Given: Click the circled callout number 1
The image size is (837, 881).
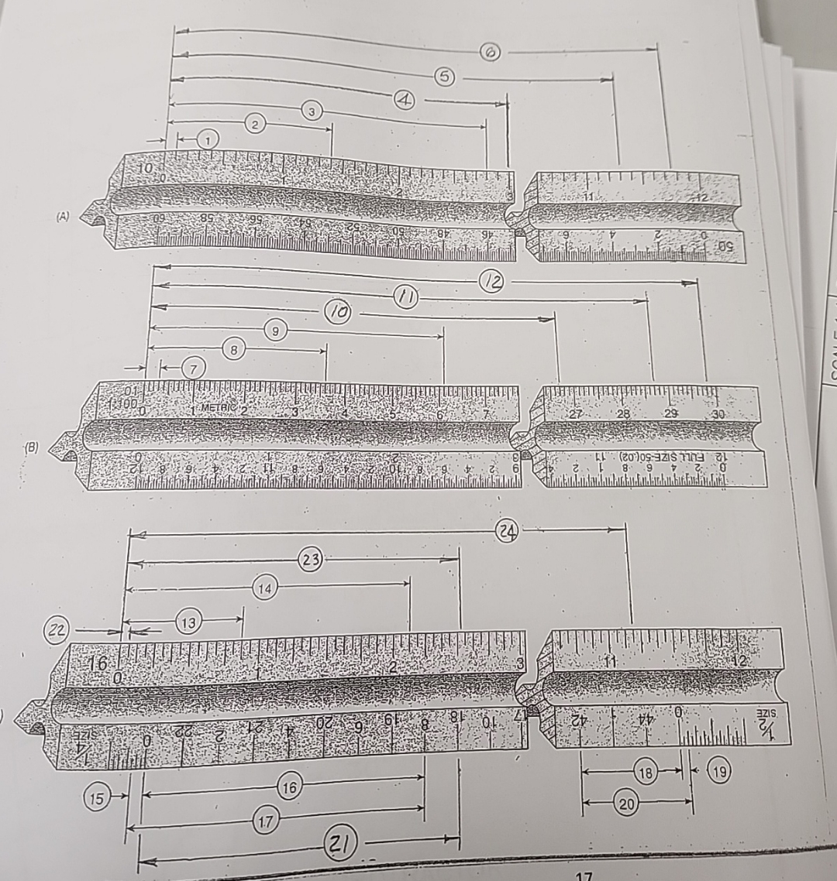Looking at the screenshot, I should click(x=207, y=139).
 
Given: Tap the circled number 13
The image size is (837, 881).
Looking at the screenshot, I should click(x=188, y=622).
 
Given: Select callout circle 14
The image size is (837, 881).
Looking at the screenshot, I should click(x=265, y=589).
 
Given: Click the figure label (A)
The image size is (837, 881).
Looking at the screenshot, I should click(x=62, y=218).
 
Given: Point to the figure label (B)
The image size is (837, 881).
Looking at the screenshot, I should click(x=33, y=447).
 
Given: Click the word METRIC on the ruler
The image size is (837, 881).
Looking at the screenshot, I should click(x=219, y=407).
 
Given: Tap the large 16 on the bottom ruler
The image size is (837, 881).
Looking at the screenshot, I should click(x=99, y=664).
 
